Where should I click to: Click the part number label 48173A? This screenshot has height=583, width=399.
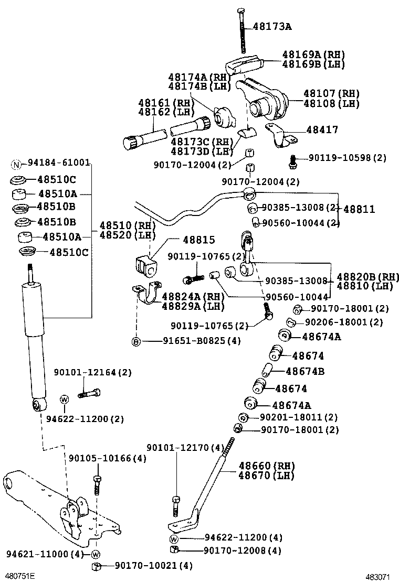(x=272, y=25)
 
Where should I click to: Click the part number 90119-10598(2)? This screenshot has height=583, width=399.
(x=348, y=157)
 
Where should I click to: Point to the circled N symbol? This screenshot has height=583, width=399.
(x=16, y=163)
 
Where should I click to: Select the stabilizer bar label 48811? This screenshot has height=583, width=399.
(x=360, y=209)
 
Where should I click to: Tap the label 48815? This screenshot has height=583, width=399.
(x=199, y=240)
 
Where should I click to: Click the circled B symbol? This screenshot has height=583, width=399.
(x=136, y=341)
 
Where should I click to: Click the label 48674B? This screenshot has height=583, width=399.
(x=305, y=372)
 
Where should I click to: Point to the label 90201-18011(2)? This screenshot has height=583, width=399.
(x=299, y=417)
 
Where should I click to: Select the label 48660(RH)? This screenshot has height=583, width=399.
(x=267, y=466)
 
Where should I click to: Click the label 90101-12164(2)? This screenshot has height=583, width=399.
(x=93, y=373)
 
